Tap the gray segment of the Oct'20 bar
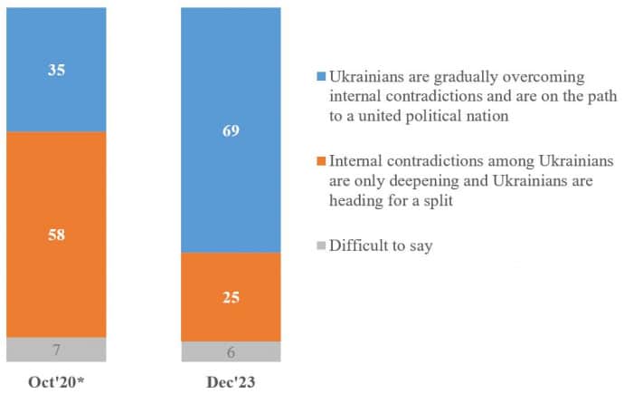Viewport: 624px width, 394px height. click(56, 350)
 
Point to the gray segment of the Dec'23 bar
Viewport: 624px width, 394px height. click(231, 351)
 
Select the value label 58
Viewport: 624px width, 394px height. click(56, 235)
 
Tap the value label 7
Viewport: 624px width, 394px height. click(56, 350)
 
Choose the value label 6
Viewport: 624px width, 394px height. click(231, 352)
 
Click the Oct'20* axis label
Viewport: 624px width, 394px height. click(56, 381)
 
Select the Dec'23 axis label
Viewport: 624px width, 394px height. click(230, 381)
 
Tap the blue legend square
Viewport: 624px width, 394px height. click(318, 76)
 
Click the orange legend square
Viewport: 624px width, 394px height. click(318, 162)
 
